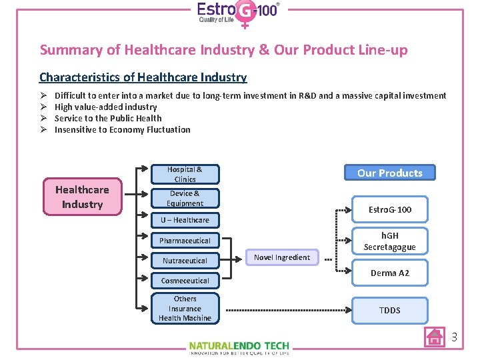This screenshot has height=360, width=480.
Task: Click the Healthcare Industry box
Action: pos(83,197)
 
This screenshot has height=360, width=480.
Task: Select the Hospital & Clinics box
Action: pos(185,174)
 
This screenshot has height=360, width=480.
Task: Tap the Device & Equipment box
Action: pos(185,198)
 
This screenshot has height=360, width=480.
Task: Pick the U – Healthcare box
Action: pos(185,220)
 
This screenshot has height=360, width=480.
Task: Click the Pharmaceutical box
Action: pos(185,241)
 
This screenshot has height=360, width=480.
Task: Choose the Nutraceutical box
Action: pos(185,261)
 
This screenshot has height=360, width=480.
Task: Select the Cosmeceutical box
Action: pos(185,281)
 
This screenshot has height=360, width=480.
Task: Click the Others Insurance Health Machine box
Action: pos(185,309)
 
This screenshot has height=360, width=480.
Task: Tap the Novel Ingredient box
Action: pos(282,257)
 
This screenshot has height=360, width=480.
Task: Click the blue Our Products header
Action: pos(390,173)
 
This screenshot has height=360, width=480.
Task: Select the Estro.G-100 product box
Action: pos(390,210)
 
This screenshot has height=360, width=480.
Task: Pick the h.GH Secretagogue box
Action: pos(390,241)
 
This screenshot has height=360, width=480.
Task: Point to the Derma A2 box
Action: pos(390,273)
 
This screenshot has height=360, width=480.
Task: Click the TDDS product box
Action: pos(390,310)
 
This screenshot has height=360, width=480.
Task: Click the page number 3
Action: pos(454,337)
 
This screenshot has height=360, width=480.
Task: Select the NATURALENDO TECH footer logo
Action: pos(239,347)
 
